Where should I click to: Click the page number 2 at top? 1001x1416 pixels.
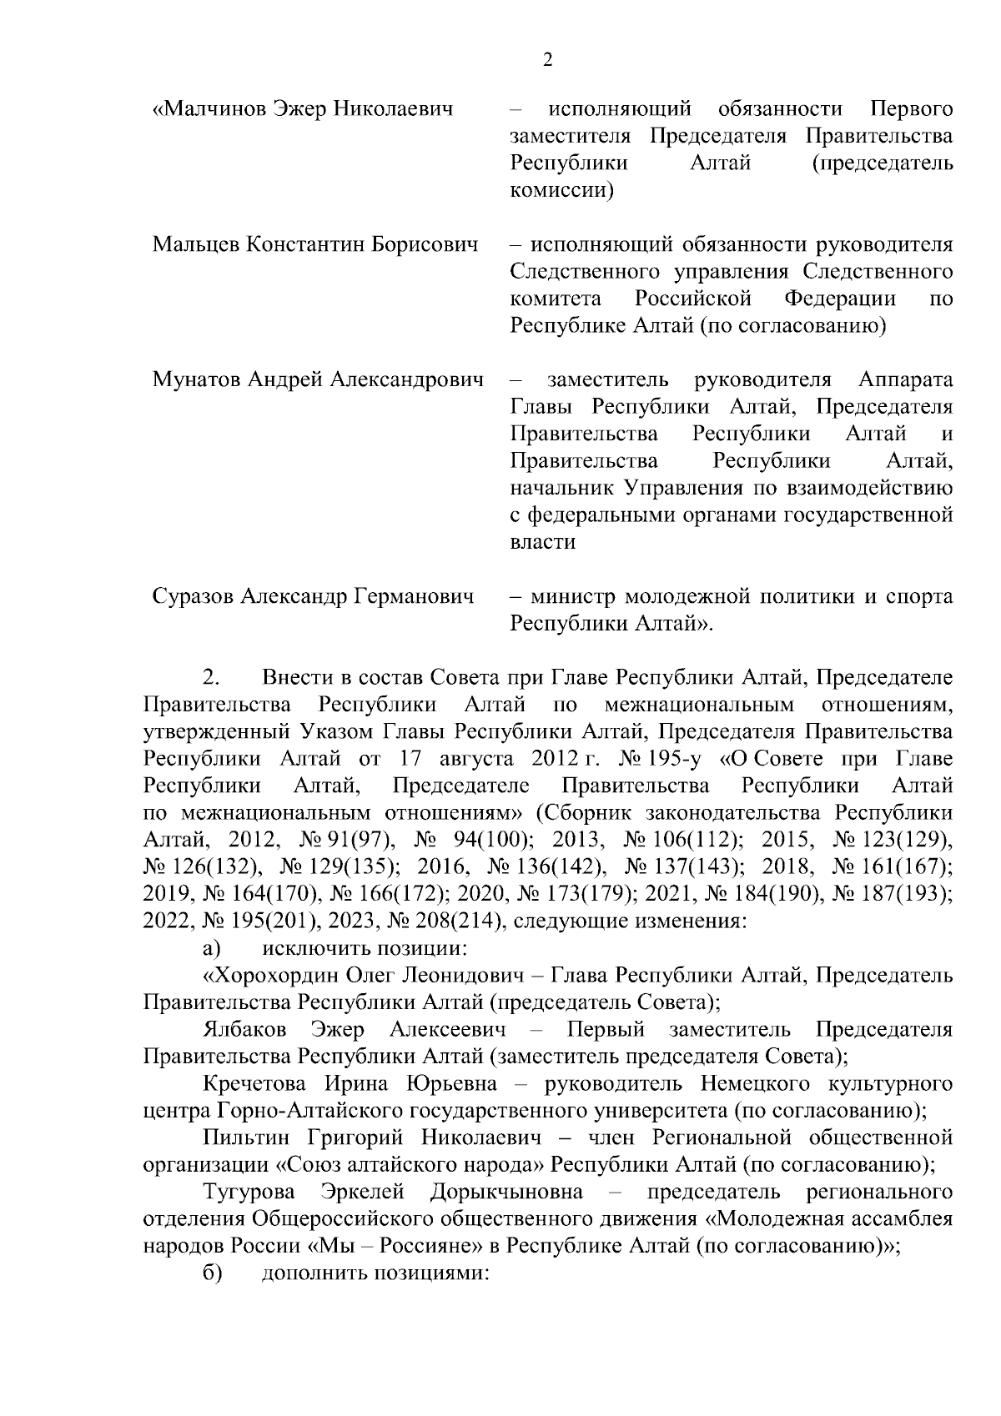click(547, 59)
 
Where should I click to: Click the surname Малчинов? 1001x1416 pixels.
click(214, 109)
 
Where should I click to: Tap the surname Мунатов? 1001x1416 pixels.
click(196, 381)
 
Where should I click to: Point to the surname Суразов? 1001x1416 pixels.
click(194, 597)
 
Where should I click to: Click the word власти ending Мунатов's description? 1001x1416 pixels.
click(542, 543)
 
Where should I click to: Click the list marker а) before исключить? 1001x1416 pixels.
click(211, 948)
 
